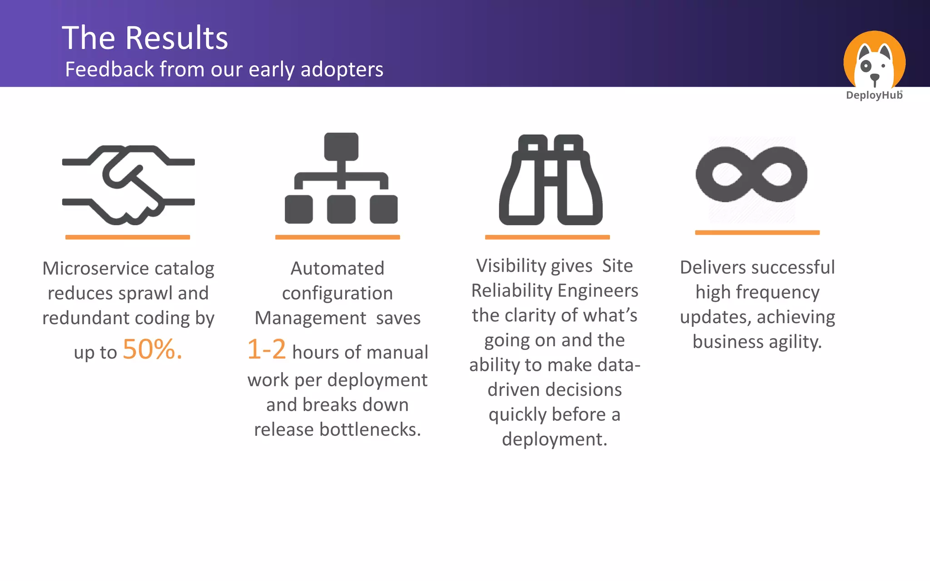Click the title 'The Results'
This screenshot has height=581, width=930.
145,38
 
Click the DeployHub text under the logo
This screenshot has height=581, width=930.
874,95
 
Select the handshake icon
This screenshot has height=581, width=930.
129,185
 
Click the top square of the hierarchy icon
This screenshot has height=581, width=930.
341,147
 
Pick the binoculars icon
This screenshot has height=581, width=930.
550,180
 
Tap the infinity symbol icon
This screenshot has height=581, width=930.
752,174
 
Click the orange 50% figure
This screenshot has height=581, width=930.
152,350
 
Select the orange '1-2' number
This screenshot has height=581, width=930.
267,350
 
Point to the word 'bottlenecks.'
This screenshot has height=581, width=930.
370,429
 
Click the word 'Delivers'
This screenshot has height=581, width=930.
713,267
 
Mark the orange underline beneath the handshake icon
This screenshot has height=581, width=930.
128,237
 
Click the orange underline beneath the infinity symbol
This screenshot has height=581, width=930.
757,232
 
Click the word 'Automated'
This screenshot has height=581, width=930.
337,268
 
